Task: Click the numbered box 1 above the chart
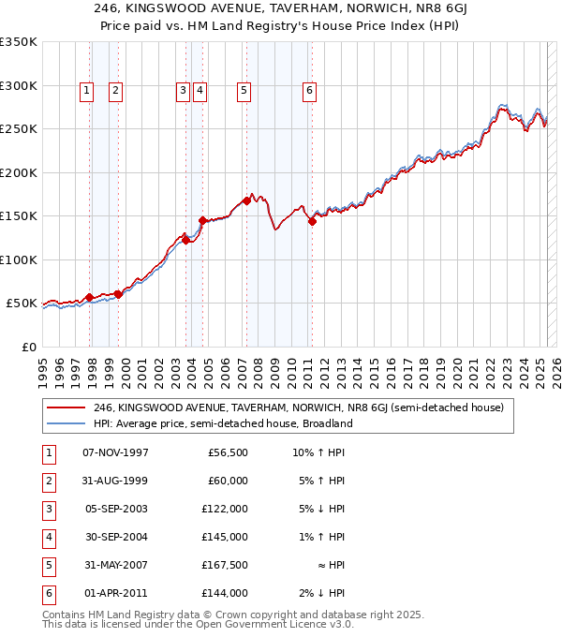click(x=86, y=91)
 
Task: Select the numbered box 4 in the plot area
click(x=200, y=91)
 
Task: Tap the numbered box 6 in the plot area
click(x=308, y=91)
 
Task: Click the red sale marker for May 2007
click(x=247, y=200)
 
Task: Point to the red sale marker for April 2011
click(x=312, y=221)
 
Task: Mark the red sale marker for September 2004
click(x=203, y=220)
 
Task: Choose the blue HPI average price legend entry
click(x=222, y=423)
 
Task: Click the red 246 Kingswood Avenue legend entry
click(x=298, y=407)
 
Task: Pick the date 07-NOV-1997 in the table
click(x=115, y=453)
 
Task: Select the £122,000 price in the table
click(x=225, y=510)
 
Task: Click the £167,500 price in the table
click(x=225, y=565)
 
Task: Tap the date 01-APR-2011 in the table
click(x=115, y=593)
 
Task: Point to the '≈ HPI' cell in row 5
click(x=327, y=565)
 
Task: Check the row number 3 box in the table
click(x=49, y=510)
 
